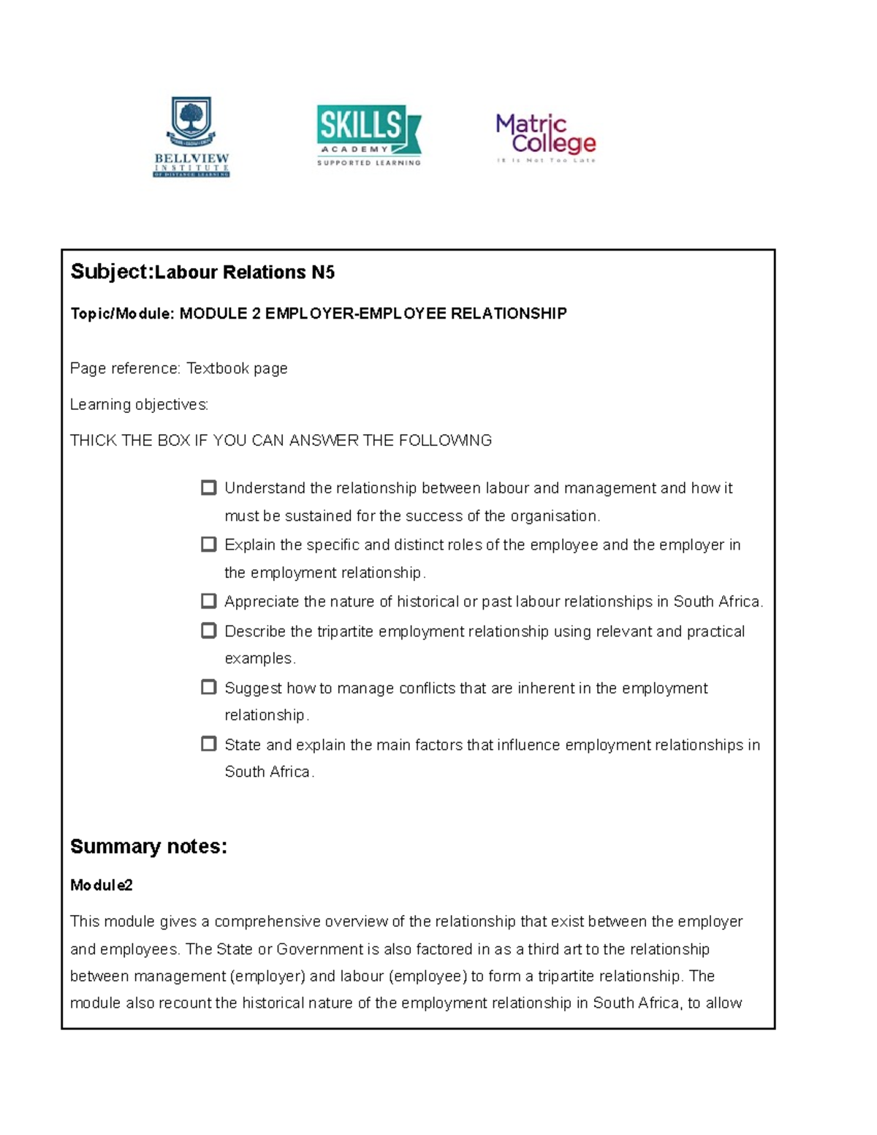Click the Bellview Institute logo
point(191,137)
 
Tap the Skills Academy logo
point(369,135)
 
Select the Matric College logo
point(546,137)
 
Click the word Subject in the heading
point(110,272)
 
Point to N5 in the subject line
point(322,273)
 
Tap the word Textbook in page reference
point(217,368)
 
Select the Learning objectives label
point(139,404)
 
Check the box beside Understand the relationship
point(209,487)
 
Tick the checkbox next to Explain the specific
point(209,544)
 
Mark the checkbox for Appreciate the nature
point(209,601)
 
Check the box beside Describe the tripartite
point(209,630)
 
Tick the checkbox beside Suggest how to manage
point(209,687)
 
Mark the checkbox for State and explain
point(209,744)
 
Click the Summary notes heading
point(148,846)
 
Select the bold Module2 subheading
point(101,885)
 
